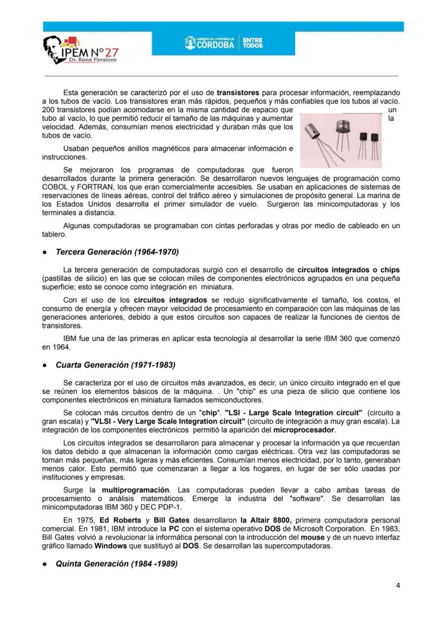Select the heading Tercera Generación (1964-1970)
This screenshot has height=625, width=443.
pyautogui.click(x=117, y=251)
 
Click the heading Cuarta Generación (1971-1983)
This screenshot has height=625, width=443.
pyautogui.click(x=116, y=365)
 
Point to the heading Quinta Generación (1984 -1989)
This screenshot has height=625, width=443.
pyautogui.click(x=117, y=564)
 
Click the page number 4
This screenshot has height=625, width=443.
pyautogui.click(x=398, y=585)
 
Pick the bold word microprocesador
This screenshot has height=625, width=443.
pyautogui.click(x=304, y=430)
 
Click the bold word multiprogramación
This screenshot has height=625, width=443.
pyautogui.click(x=135, y=490)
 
